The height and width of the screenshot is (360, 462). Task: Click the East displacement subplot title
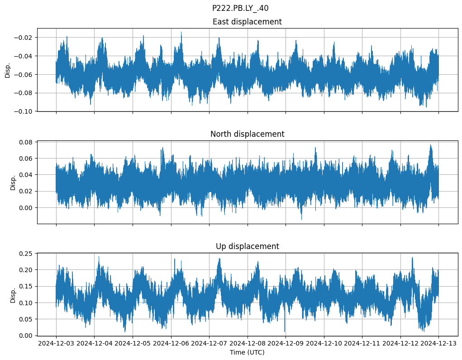click(247, 22)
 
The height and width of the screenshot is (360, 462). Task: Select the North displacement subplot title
click(247, 134)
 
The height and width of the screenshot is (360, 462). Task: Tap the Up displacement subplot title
click(247, 246)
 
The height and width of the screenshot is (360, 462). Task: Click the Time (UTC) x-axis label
click(247, 352)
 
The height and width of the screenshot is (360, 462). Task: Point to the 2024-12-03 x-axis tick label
click(56, 343)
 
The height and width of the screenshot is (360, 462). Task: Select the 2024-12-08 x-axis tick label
click(247, 343)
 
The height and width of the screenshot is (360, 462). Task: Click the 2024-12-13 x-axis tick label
click(438, 343)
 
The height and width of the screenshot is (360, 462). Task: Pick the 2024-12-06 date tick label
click(171, 343)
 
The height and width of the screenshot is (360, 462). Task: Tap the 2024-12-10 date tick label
click(324, 343)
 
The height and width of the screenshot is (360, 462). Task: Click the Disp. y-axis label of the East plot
click(8, 70)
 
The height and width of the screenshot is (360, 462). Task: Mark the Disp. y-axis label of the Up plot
click(13, 295)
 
